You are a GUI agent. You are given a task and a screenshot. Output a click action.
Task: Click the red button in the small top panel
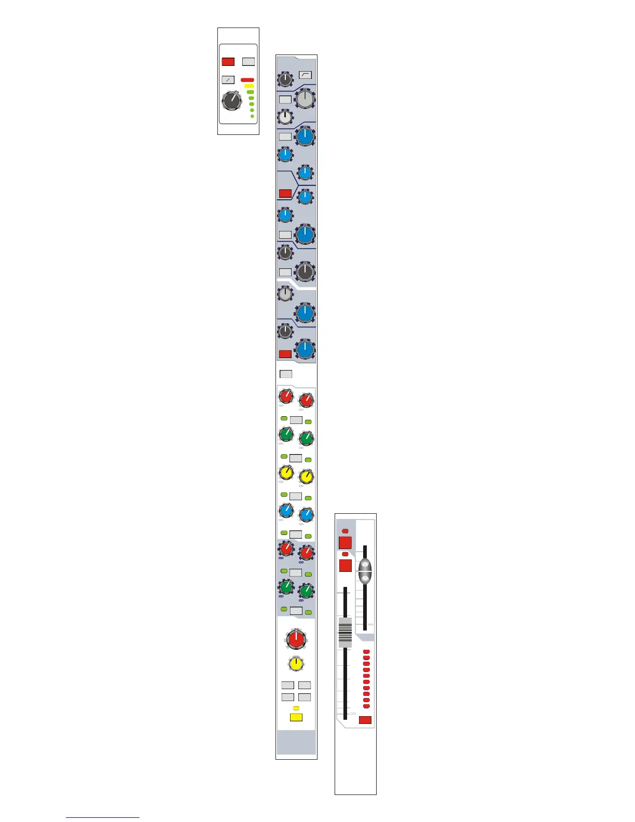tap(228, 62)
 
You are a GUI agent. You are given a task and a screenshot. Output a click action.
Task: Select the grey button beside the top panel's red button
tap(249, 62)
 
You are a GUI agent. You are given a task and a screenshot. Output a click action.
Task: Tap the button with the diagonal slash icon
tap(228, 80)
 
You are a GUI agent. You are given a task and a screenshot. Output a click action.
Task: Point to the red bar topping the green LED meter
tap(247, 80)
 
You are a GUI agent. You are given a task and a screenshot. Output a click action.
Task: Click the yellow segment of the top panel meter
tap(249, 86)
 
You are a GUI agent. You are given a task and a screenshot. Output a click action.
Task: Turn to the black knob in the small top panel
tap(231, 101)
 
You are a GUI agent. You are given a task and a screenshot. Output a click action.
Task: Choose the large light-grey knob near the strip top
tap(306, 99)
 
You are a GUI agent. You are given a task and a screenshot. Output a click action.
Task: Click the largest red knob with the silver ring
tap(296, 639)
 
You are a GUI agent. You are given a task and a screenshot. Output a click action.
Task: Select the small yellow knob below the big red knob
tap(296, 664)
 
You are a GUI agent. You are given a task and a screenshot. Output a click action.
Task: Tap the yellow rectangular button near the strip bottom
tap(296, 718)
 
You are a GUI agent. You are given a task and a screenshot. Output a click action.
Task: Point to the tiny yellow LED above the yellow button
tap(296, 708)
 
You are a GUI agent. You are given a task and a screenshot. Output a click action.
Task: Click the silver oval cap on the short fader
tap(365, 571)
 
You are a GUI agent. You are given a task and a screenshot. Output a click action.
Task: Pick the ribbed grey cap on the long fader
tap(345, 632)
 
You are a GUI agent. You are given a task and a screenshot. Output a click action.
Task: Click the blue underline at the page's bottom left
tap(103, 817)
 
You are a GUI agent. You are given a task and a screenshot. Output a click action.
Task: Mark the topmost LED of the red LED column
tap(366, 651)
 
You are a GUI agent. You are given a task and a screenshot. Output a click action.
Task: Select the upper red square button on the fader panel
tap(345, 543)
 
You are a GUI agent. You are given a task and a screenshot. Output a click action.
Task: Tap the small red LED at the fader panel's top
tap(346, 531)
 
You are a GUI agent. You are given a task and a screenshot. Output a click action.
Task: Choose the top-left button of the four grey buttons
tap(287, 686)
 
